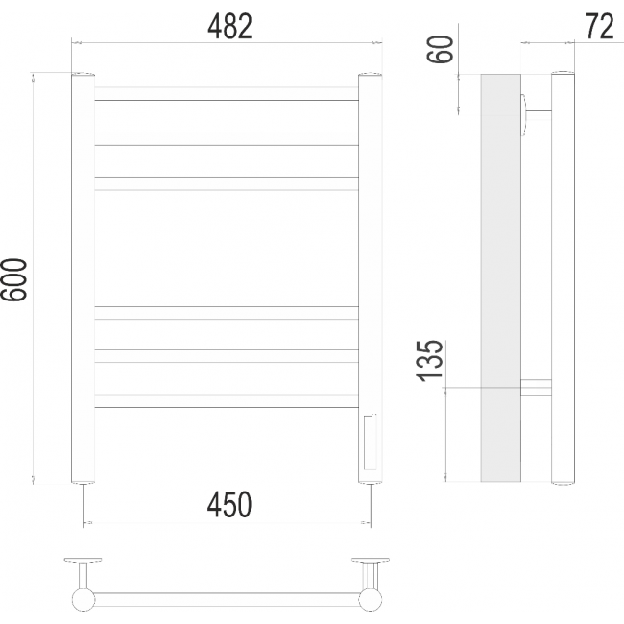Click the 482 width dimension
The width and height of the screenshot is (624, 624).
click(229, 27)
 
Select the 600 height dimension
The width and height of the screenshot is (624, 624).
click(14, 279)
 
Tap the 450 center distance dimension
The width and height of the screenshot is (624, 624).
click(229, 505)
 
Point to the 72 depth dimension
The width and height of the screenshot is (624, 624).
click(600, 27)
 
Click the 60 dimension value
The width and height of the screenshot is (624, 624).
click(440, 49)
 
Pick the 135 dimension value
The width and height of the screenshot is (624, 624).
click(429, 361)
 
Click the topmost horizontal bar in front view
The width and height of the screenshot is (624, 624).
click(227, 93)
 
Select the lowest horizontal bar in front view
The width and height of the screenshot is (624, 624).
click(227, 400)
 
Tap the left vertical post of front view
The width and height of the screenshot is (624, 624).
click(83, 278)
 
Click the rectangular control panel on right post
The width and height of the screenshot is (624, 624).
click(371, 442)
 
